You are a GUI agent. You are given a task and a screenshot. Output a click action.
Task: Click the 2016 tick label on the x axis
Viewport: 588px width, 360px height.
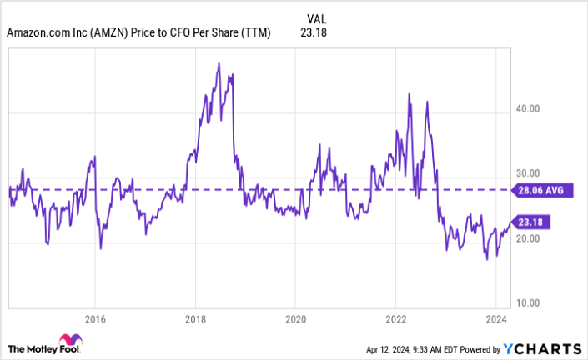click(95, 319)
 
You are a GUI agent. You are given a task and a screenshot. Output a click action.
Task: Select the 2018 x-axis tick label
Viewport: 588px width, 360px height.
click(195, 319)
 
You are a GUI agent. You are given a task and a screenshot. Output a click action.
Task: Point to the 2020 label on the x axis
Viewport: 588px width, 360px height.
click(295, 319)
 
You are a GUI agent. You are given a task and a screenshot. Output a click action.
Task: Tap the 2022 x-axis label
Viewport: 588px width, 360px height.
click(395, 319)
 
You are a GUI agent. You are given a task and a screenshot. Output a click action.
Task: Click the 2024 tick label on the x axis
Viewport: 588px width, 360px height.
click(495, 319)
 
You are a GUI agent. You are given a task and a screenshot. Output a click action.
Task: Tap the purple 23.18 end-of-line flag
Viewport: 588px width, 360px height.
click(533, 222)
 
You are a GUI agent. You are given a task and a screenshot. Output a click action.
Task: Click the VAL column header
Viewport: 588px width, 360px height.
click(316, 17)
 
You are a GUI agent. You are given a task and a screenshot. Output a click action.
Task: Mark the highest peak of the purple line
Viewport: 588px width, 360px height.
click(219, 63)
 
